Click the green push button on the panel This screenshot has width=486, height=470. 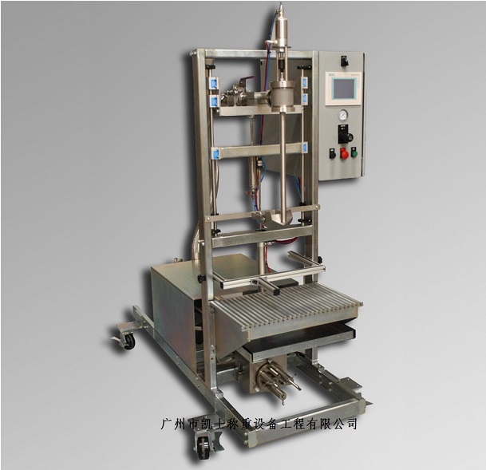(x=354, y=153)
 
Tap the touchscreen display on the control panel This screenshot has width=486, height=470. (x=344, y=89)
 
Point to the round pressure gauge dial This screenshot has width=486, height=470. (x=343, y=115)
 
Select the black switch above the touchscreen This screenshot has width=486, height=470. (x=344, y=61)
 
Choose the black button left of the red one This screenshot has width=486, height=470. (x=332, y=153)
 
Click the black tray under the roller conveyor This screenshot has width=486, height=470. (x=301, y=341)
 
